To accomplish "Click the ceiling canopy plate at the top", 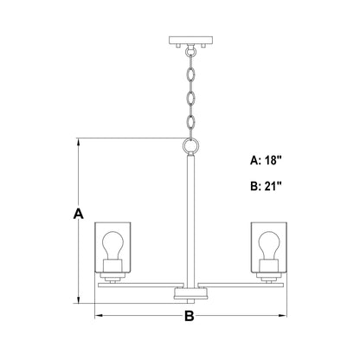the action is (190, 40).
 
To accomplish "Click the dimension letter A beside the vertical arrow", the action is (79, 213).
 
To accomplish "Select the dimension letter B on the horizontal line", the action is (190, 316).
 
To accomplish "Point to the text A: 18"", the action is (266, 160).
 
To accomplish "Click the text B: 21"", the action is (266, 186).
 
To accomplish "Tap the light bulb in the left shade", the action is (112, 245).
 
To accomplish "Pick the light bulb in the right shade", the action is (268, 245).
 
